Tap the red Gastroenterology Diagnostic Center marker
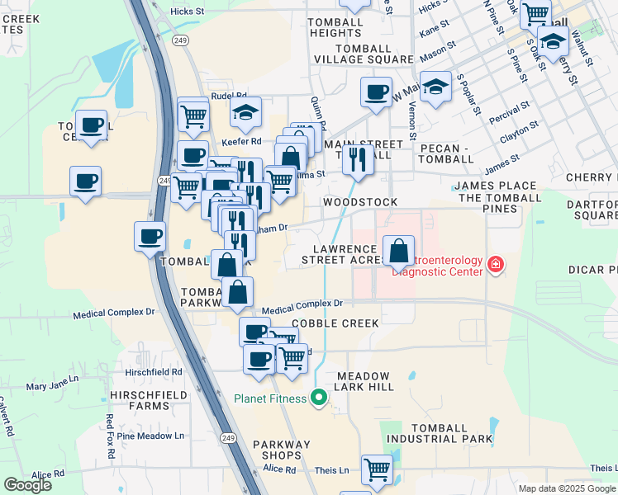495,265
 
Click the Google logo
27,485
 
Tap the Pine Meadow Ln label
150,436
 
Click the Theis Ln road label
332,470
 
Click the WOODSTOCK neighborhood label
360,202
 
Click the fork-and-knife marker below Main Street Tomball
358,158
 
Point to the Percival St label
510,108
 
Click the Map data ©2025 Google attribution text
567,488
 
